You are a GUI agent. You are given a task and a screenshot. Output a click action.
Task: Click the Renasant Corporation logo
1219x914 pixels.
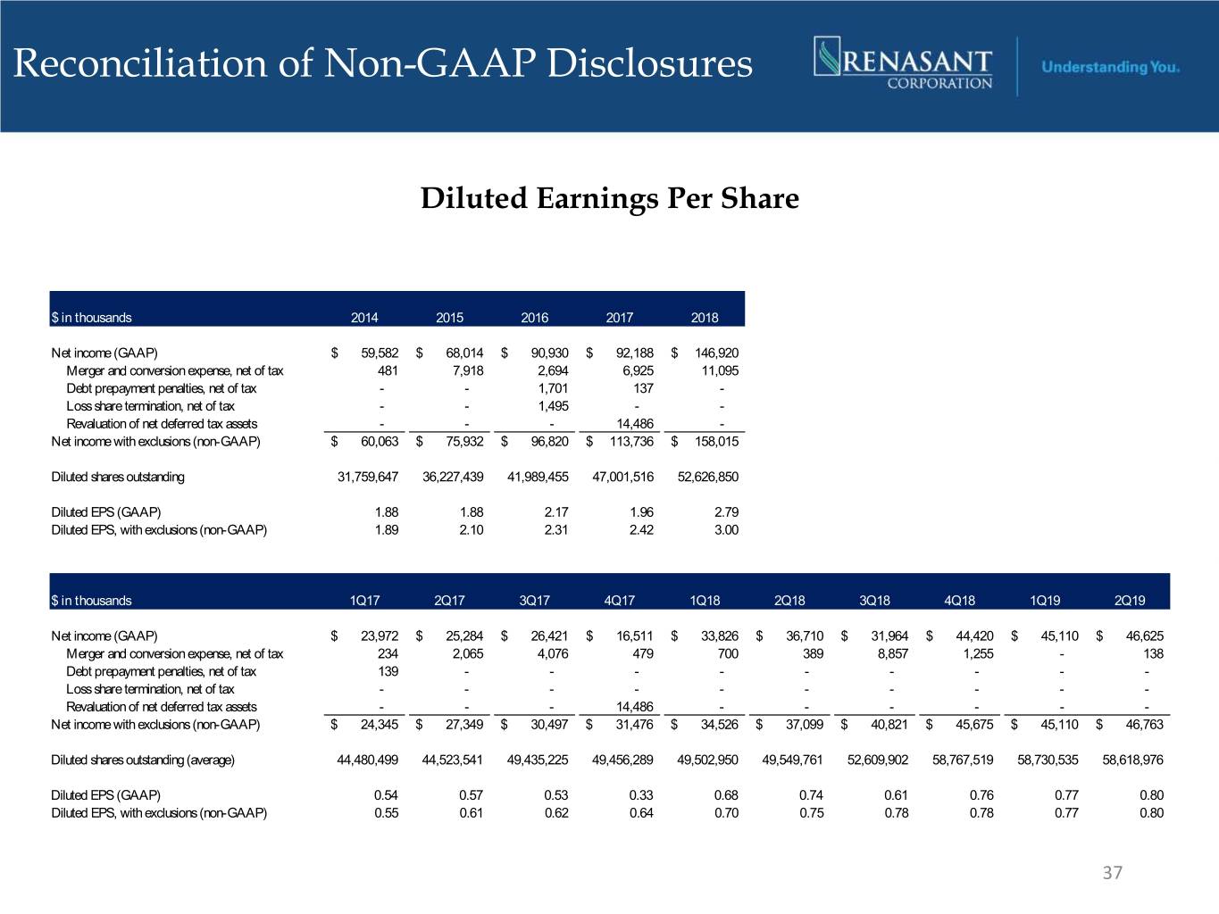[903, 63]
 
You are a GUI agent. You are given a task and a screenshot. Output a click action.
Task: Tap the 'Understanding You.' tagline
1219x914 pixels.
[1110, 67]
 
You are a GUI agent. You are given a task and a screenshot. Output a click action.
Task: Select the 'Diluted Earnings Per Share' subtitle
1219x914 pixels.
[609, 198]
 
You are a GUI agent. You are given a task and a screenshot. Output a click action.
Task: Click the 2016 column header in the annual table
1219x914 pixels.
[534, 318]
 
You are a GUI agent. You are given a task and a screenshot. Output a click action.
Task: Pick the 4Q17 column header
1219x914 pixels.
[619, 601]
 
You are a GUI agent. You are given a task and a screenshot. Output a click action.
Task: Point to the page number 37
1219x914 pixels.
[1112, 873]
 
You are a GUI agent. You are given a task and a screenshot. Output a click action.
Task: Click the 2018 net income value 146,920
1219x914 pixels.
[716, 353]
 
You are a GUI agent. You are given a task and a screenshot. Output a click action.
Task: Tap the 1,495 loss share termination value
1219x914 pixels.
[554, 406]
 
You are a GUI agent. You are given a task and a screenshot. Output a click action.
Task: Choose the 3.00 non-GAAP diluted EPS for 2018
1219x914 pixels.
[726, 530]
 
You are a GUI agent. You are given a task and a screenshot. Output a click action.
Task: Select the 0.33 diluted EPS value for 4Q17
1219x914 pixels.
[641, 795]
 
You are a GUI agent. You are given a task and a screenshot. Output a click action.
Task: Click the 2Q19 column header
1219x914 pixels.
[1130, 601]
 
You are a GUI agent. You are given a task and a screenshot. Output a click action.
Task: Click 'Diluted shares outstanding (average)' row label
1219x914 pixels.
[143, 760]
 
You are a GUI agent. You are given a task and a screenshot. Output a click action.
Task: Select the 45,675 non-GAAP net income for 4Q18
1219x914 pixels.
[974, 725]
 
